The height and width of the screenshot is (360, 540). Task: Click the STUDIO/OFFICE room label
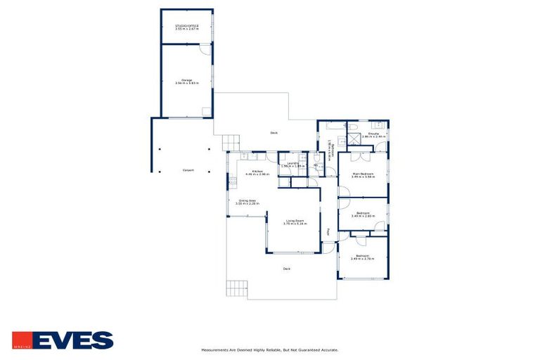click(187, 26)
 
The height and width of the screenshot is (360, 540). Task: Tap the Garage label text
click(187, 80)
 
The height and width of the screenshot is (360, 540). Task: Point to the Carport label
click(188, 170)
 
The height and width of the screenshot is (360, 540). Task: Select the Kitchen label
click(258, 171)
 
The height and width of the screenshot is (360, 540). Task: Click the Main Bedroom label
click(363, 174)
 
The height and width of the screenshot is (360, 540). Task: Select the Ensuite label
click(374, 134)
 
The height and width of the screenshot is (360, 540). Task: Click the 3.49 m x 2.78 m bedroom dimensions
click(363, 259)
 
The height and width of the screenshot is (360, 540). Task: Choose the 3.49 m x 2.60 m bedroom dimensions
click(363, 217)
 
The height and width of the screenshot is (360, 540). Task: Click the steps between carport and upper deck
click(231, 143)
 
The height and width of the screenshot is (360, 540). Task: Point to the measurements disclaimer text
click(270, 349)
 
